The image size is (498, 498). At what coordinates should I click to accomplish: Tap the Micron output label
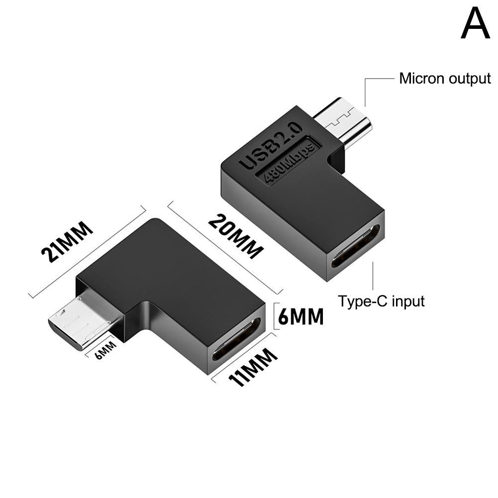pyautogui.click(x=445, y=79)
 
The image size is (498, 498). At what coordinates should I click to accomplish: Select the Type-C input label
pyautogui.click(x=381, y=301)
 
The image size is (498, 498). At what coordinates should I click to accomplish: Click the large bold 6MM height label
pyautogui.click(x=300, y=317)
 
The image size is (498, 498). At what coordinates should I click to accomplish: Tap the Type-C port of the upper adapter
pyautogui.click(x=356, y=247)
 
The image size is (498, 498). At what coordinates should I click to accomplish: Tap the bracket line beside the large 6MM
pyautogui.click(x=275, y=317)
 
